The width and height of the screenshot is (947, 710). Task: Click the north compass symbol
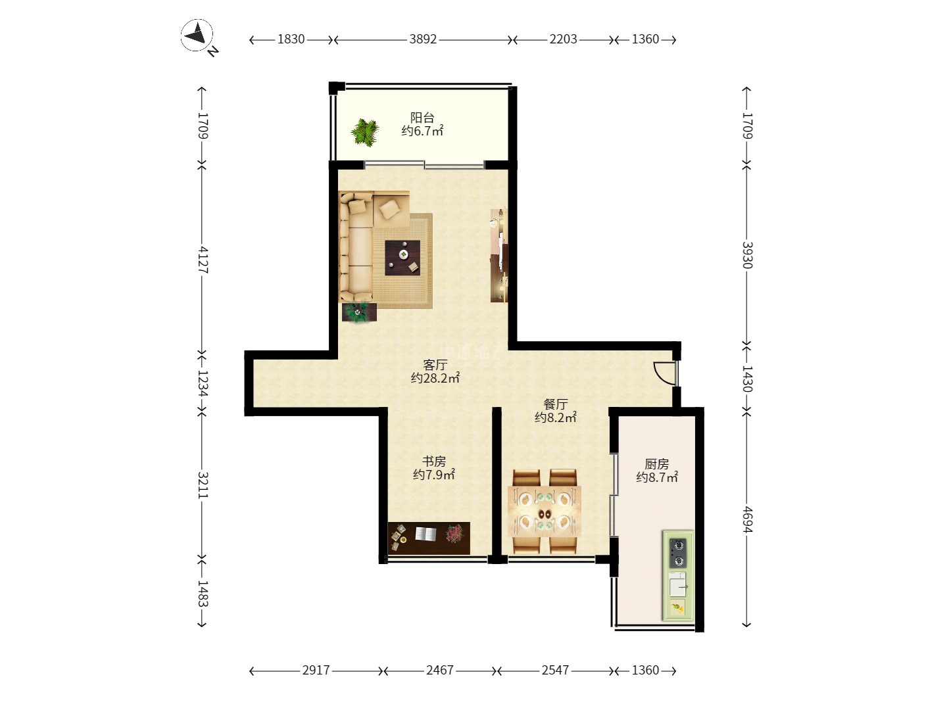(x=197, y=35)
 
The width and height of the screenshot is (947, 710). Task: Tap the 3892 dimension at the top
(x=423, y=39)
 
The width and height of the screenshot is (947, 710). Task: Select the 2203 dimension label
(x=563, y=39)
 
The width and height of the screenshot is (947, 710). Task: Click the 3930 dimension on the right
(x=747, y=255)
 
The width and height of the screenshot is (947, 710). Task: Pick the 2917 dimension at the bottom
(x=316, y=670)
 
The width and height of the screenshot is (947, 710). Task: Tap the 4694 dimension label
(x=747, y=519)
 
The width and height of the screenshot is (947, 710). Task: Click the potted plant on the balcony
(x=365, y=132)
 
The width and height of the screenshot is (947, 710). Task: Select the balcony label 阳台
(x=422, y=117)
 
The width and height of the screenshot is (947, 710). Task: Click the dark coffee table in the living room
(x=402, y=257)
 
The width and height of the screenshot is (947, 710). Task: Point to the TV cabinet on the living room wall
(x=498, y=255)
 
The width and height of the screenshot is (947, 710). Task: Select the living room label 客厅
(x=435, y=365)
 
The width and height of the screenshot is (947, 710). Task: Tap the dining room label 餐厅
(x=555, y=404)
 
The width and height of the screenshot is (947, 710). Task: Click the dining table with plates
(x=545, y=511)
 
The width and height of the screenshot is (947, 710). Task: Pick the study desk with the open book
(x=429, y=538)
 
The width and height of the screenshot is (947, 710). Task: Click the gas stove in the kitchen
(x=677, y=553)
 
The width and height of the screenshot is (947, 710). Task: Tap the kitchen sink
(x=677, y=584)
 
